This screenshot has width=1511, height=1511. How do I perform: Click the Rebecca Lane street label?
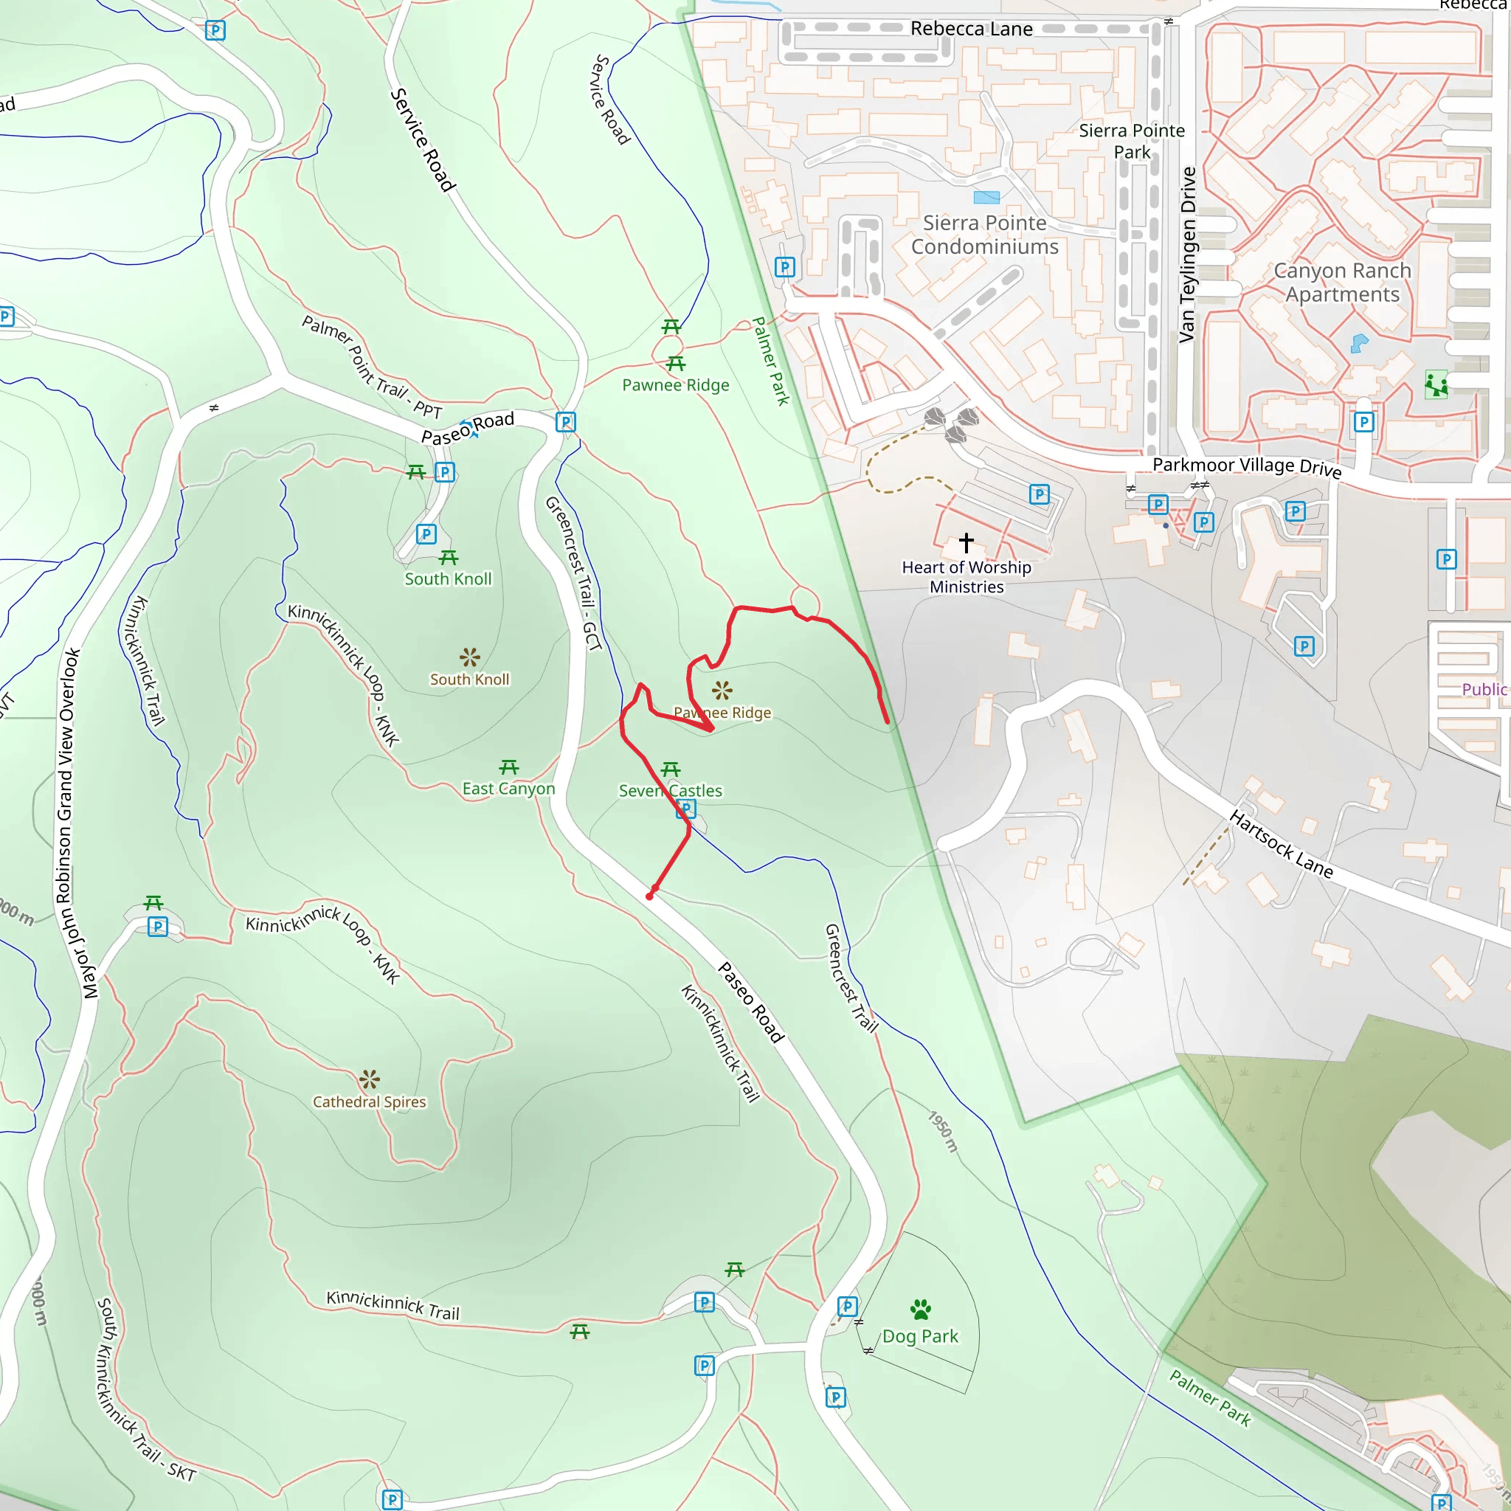[971, 29]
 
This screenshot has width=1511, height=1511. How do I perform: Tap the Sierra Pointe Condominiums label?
[985, 235]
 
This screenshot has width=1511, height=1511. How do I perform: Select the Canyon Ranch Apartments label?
[1342, 283]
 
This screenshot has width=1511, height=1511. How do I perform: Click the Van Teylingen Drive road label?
[1187, 255]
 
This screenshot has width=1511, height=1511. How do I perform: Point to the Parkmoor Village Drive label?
[1247, 467]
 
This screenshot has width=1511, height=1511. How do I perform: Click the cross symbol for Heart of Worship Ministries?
[967, 542]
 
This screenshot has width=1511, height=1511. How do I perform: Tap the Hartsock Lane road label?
[1281, 844]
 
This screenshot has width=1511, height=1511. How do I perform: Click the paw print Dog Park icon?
[921, 1308]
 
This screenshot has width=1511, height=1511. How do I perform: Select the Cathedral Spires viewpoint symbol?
[369, 1080]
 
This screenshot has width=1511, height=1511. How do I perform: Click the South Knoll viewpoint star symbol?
[469, 657]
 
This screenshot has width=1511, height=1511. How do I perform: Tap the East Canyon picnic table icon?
[509, 767]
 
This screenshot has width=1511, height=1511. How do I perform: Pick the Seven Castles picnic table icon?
[670, 770]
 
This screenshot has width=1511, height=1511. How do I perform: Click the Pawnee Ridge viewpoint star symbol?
[722, 690]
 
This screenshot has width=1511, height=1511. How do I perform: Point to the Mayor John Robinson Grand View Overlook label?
[71, 823]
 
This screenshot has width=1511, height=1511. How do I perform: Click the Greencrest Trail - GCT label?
[573, 573]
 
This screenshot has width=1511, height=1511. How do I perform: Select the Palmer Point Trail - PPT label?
[372, 367]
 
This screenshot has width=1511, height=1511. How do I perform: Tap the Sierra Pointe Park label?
[1132, 141]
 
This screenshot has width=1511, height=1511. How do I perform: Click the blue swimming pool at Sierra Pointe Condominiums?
[986, 197]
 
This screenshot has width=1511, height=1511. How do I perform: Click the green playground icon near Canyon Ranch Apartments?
[1436, 385]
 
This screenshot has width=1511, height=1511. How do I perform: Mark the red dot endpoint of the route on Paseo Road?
[650, 896]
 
